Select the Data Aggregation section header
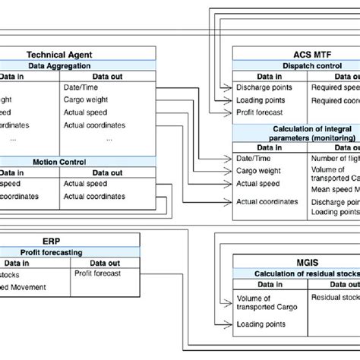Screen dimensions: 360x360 [58, 66]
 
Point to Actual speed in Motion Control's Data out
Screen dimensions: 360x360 [86, 183]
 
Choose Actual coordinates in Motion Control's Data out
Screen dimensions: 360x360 [95, 197]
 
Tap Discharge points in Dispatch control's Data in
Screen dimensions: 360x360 [263, 87]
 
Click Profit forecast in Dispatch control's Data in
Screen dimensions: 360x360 [260, 112]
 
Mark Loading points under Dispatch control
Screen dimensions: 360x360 [261, 99]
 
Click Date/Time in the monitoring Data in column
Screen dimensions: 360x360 [253, 158]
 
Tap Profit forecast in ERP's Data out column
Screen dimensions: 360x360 [97, 273]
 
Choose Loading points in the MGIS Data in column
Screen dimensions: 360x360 [261, 324]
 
